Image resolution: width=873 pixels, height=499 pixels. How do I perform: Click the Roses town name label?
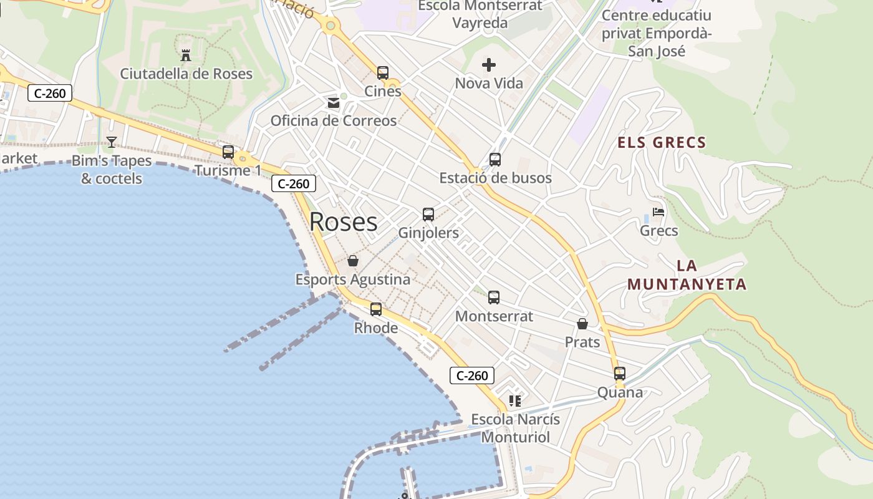[343, 222]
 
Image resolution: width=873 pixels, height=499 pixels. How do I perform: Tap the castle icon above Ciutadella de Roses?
[185, 55]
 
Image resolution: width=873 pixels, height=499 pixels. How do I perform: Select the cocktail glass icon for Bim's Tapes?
[111, 142]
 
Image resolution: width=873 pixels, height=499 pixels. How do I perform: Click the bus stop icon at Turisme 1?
[228, 152]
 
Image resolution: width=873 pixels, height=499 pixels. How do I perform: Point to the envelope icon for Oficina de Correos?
[334, 102]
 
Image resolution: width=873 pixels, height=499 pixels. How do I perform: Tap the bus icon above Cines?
[383, 72]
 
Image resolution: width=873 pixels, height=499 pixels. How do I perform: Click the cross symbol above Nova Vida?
[489, 64]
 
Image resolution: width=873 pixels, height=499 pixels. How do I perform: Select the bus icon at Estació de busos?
[495, 159]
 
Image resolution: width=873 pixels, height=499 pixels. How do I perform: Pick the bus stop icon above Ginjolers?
[428, 215]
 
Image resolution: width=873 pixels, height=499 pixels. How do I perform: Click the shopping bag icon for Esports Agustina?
[353, 261]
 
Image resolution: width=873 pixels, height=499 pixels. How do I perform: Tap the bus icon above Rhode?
[376, 309]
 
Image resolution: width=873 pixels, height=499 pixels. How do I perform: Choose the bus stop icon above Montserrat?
[494, 298]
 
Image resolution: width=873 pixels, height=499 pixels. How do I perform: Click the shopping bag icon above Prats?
[582, 324]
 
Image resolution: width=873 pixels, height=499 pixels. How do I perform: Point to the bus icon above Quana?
[620, 374]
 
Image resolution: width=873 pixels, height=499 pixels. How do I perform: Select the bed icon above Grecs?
[658, 212]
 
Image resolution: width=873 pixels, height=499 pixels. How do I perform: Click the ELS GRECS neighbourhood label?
[662, 143]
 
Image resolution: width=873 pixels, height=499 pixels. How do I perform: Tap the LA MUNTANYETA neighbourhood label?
[687, 275]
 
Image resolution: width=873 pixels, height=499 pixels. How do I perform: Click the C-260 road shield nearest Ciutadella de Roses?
[51, 94]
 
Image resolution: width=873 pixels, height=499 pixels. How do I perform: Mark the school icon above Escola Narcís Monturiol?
[515, 400]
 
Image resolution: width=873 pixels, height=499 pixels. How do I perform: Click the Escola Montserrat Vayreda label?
[480, 14]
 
